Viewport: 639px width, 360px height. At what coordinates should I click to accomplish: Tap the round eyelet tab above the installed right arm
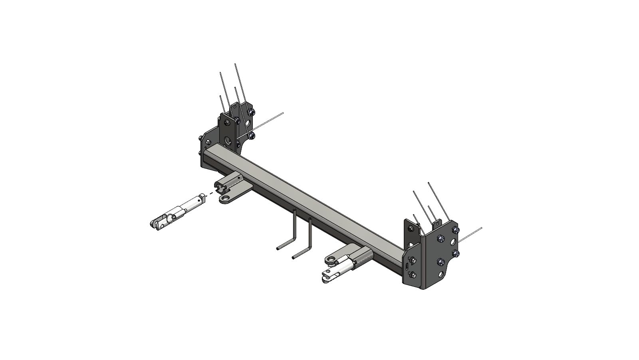(x=330, y=260)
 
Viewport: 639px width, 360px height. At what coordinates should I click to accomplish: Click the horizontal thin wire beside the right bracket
(x=471, y=234)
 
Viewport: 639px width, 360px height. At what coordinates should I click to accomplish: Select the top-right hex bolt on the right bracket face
(x=456, y=230)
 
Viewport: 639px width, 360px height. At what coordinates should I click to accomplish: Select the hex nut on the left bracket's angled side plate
(x=208, y=142)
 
